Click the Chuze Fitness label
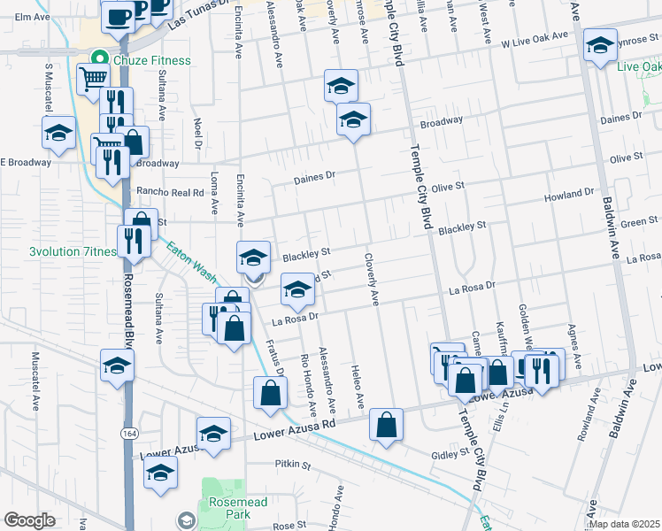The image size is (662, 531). (x=150, y=60)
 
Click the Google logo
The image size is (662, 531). (x=29, y=520)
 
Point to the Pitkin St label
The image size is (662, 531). (x=294, y=465)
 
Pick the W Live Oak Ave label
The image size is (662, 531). (x=534, y=40)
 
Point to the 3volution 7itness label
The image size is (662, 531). (x=73, y=251)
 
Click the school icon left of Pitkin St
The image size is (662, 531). (x=161, y=473)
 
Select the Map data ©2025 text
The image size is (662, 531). (x=624, y=524)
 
